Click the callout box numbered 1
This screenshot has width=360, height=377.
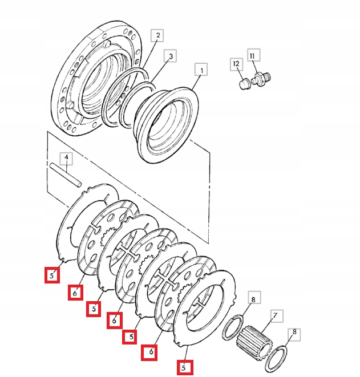[x=200, y=70]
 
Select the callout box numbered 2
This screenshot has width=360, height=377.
[x=158, y=35]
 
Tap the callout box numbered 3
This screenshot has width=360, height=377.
[x=169, y=56]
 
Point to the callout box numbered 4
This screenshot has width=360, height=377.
[x=66, y=157]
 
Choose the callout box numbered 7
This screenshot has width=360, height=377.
[x=274, y=315]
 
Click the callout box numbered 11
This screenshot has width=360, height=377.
[x=253, y=56]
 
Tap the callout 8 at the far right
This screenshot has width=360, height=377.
[x=294, y=331]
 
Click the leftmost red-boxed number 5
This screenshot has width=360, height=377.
[x=52, y=276]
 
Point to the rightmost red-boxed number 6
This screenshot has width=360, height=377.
[x=150, y=352]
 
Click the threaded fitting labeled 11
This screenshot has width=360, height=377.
[x=261, y=78]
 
